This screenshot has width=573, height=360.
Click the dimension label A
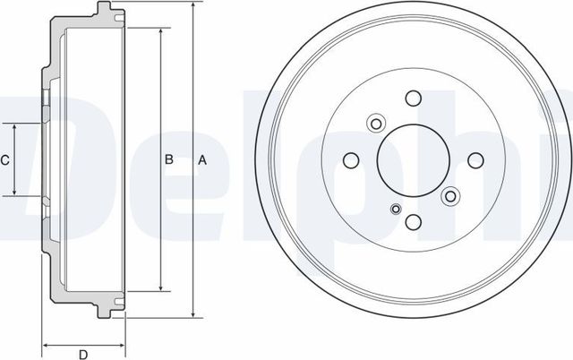coord(202,160)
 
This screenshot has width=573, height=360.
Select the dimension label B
coord(167,160)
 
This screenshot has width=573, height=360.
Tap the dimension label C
coord(5,160)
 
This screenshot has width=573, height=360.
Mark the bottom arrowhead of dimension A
coord(192,315)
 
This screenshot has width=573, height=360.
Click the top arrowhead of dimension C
coord(15,127)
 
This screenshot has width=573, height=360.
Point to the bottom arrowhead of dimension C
coord(15,193)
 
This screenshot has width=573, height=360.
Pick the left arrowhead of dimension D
coord(45,344)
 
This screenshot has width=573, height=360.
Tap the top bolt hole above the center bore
coord(413,99)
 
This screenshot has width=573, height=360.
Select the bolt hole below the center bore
coord(413,222)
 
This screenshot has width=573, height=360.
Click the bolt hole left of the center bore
coord(351,160)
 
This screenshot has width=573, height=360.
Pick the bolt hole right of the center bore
coord(474,160)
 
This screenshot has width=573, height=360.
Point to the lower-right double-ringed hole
coord(450,194)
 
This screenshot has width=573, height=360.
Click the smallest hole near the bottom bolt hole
coord(395,210)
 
